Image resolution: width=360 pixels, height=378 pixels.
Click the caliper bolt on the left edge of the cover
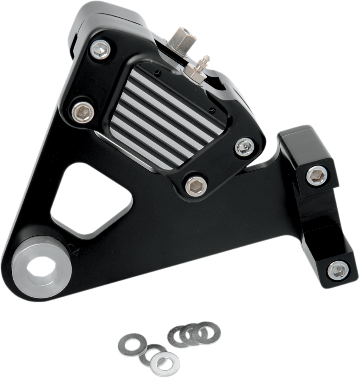(x=83, y=112)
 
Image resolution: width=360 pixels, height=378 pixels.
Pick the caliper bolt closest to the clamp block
(x=245, y=147)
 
